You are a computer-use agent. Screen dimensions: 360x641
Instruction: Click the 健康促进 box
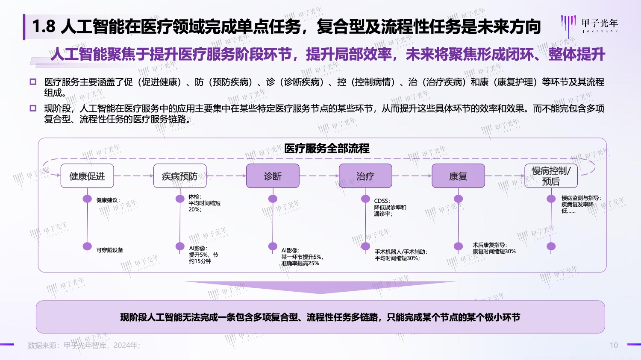[x=87, y=176]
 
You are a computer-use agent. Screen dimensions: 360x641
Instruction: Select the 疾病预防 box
[x=180, y=176]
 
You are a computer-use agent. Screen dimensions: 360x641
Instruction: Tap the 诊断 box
[x=273, y=176]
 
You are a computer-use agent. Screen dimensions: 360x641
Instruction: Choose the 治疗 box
[x=365, y=176]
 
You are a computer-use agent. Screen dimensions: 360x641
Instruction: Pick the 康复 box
[x=458, y=176]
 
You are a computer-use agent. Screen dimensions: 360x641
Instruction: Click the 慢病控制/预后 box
[x=551, y=176]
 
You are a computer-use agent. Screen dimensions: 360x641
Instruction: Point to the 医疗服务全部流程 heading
[x=326, y=149]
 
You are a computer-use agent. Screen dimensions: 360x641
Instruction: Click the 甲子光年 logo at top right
[x=590, y=25]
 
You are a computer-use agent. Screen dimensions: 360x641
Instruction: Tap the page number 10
[x=614, y=345]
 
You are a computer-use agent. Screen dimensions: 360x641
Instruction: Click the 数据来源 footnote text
[x=84, y=345]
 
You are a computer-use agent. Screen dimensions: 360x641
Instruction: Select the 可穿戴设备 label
[x=109, y=250]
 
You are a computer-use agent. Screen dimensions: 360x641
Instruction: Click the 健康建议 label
[x=108, y=200]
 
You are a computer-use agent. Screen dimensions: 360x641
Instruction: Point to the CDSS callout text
[x=390, y=207]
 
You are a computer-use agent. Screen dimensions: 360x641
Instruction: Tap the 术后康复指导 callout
[x=494, y=248]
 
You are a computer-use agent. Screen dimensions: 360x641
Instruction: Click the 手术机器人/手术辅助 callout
[x=401, y=255]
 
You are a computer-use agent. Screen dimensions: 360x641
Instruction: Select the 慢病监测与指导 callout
[x=581, y=205]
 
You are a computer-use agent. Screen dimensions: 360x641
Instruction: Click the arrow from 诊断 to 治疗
[x=319, y=176]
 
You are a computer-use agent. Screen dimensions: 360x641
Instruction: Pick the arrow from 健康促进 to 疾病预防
[x=134, y=176]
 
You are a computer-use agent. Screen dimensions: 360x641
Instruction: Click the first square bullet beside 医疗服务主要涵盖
[x=33, y=82]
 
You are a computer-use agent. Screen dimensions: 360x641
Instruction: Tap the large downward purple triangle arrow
[x=320, y=287]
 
